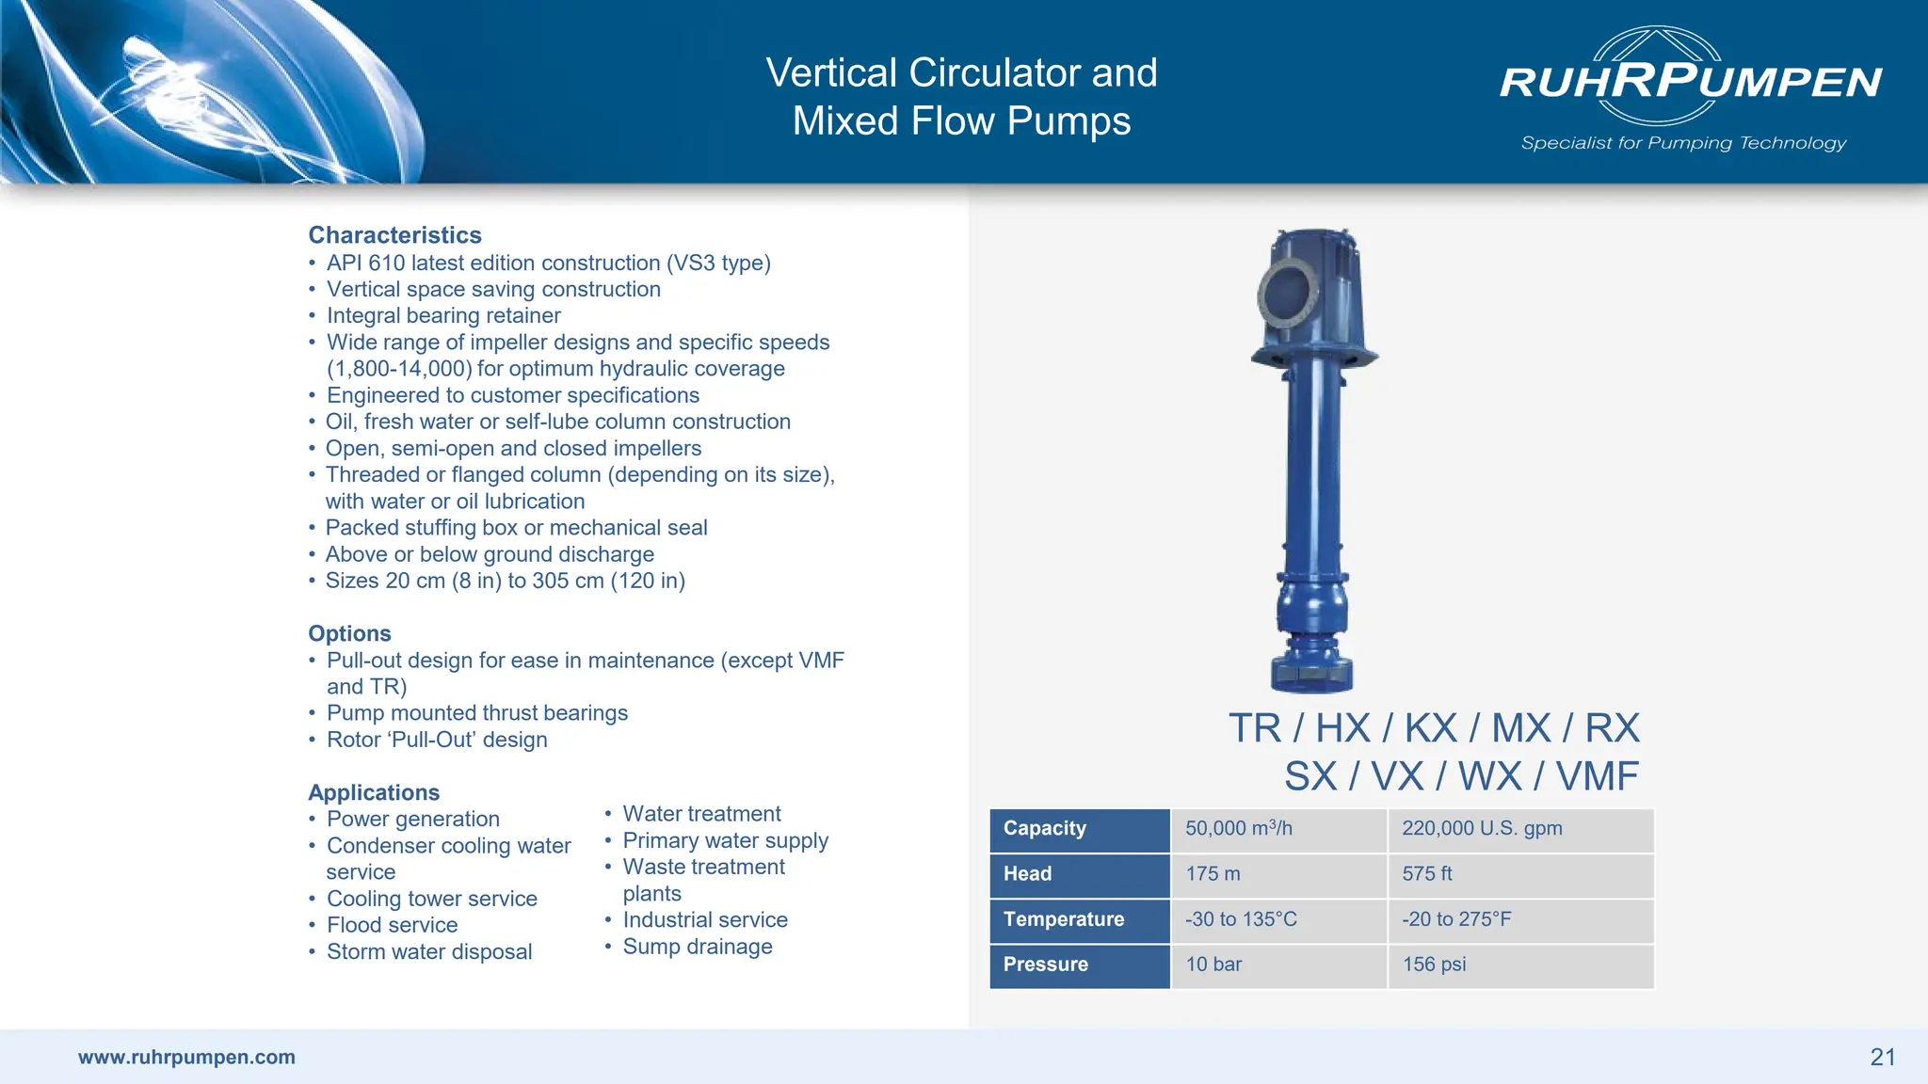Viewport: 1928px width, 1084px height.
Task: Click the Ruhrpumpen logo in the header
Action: pos(1690,79)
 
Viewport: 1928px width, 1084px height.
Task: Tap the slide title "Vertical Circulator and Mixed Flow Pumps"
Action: pos(961,96)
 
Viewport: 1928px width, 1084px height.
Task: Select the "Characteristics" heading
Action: pos(394,235)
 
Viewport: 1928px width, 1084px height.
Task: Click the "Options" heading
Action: pos(349,633)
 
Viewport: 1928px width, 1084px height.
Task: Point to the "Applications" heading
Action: pos(374,792)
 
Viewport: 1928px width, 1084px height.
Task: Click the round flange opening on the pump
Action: pos(1287,294)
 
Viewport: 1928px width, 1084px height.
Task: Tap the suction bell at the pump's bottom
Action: pos(1311,671)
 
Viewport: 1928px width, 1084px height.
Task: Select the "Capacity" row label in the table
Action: pos(1045,828)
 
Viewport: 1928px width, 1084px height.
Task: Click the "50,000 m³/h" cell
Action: pos(1238,828)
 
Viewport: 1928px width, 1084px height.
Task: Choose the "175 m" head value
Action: pos(1213,873)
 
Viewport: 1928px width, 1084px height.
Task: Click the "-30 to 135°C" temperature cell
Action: pos(1241,919)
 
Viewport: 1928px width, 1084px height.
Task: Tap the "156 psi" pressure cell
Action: pos(1434,964)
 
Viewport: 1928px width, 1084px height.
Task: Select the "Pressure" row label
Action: pos(1045,964)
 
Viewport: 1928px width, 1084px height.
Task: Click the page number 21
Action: pos(1883,1057)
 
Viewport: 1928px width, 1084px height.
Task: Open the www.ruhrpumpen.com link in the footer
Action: pos(186,1057)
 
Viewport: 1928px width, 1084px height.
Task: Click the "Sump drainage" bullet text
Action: pos(697,947)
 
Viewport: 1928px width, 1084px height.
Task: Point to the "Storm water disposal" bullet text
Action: pos(429,951)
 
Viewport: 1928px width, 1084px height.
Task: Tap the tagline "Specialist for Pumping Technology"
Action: pos(1683,143)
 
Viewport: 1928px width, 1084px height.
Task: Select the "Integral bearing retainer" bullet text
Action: pos(443,315)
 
